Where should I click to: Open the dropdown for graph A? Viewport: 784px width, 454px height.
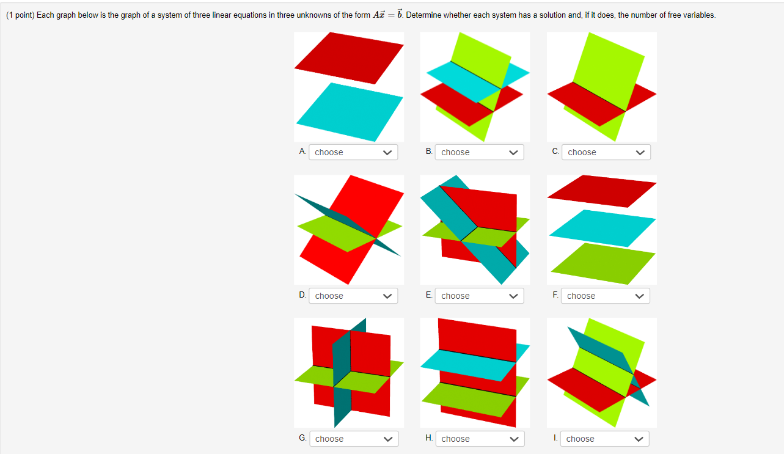353,152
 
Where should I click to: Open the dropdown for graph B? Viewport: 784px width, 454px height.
479,152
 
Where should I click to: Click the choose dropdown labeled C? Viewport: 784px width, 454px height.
606,152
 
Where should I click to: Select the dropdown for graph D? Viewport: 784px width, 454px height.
353,296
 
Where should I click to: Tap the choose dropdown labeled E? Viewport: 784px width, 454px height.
479,296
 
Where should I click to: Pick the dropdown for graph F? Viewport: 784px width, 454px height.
605,296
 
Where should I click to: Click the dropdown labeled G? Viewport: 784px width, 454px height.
354,439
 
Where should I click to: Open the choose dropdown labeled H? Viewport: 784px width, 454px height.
480,439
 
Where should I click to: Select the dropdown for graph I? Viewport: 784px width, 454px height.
604,439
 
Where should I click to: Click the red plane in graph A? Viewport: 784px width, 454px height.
350,58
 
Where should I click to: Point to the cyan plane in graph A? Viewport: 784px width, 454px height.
350,112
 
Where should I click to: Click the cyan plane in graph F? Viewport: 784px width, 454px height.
602,229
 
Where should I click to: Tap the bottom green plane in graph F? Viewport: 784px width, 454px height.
603,263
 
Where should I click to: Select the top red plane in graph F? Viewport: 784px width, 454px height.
602,191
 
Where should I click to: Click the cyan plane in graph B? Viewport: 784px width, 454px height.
466,81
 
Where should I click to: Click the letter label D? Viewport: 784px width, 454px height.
302,295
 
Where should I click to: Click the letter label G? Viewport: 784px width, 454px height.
302,438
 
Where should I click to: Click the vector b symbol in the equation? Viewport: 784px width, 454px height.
400,14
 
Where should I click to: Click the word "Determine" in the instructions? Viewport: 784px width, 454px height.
422,15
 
